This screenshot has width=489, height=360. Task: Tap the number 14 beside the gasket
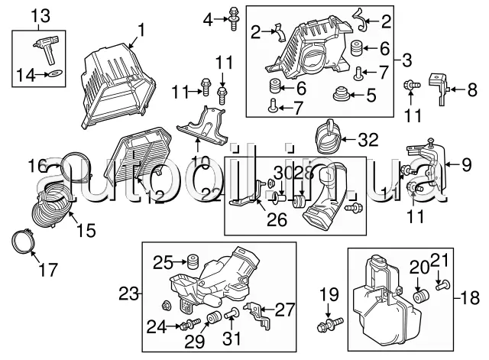coord(26,73)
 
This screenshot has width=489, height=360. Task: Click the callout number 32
coord(368,140)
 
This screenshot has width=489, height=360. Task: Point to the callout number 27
coord(284,310)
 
